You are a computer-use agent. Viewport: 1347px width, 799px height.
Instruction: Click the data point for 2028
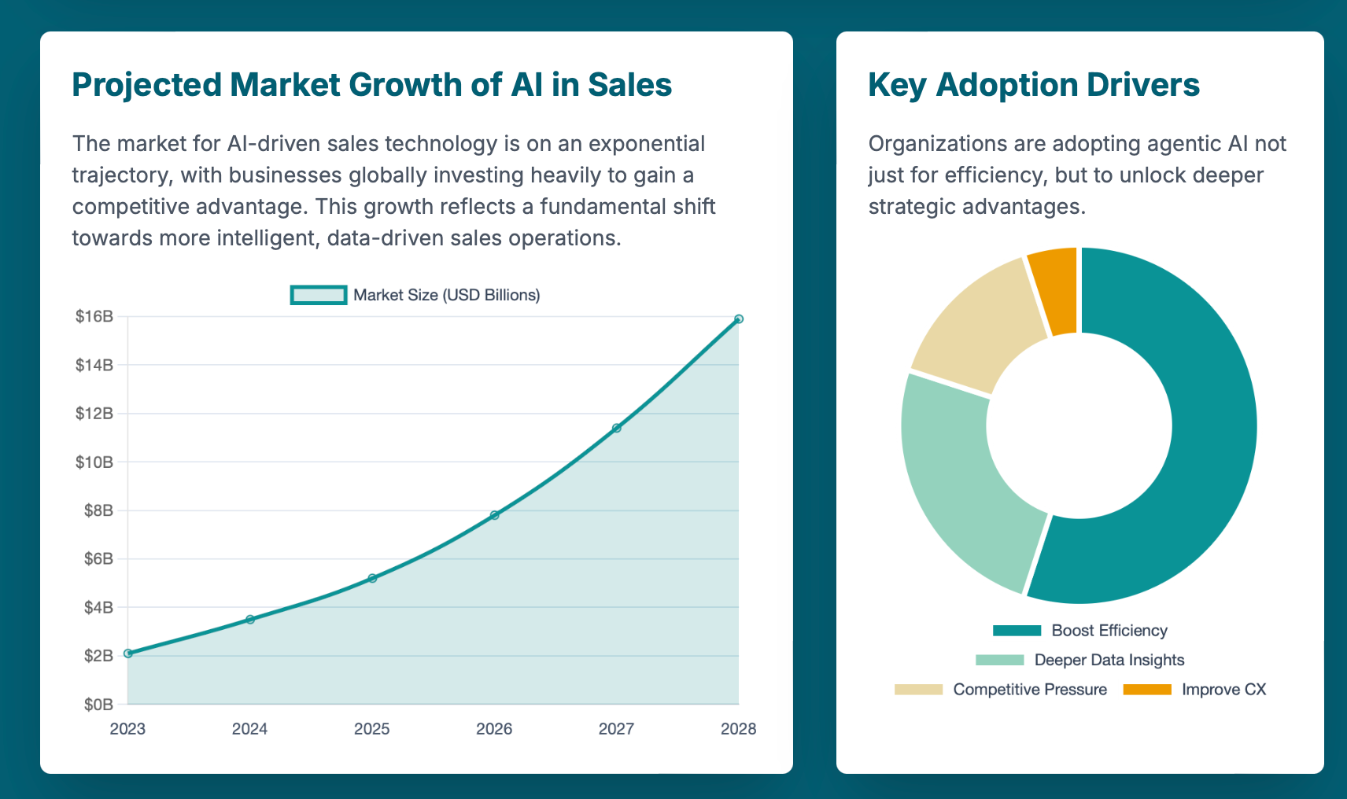pyautogui.click(x=738, y=318)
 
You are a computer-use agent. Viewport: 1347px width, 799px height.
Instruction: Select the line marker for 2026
pyautogui.click(x=494, y=515)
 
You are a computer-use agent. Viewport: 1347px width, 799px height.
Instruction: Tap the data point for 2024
pyautogui.click(x=250, y=620)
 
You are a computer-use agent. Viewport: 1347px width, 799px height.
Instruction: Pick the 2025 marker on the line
pyautogui.click(x=372, y=578)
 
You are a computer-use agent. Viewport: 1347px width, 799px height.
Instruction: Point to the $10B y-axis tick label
pyautogui.click(x=94, y=462)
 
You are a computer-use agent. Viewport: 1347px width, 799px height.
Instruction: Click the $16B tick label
pyautogui.click(x=94, y=317)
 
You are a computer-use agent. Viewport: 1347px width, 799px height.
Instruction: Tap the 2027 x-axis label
pyautogui.click(x=616, y=729)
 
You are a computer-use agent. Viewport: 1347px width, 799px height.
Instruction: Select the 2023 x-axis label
pyautogui.click(x=127, y=729)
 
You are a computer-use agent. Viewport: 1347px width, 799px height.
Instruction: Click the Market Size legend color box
pyautogui.click(x=318, y=295)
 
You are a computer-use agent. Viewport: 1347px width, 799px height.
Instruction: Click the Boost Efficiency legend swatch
pyautogui.click(x=1017, y=631)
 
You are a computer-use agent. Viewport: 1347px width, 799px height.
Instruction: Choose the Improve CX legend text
pyautogui.click(x=1223, y=690)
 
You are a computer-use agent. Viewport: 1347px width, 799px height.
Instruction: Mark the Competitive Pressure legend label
pyautogui.click(x=1029, y=690)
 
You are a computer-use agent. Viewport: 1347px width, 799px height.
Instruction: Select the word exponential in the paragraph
pyautogui.click(x=647, y=144)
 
